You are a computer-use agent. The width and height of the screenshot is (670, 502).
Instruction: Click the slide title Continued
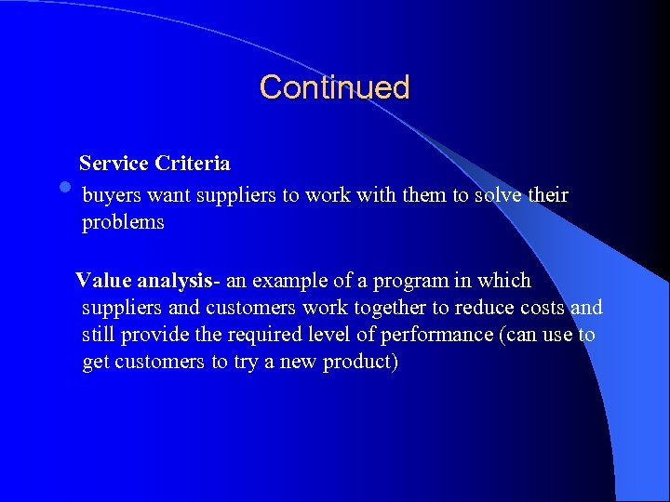click(334, 87)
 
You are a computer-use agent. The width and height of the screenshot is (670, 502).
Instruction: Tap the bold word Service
click(114, 164)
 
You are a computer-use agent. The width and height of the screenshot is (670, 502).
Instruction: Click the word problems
click(123, 223)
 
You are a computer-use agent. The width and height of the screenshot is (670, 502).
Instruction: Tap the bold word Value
click(103, 281)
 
